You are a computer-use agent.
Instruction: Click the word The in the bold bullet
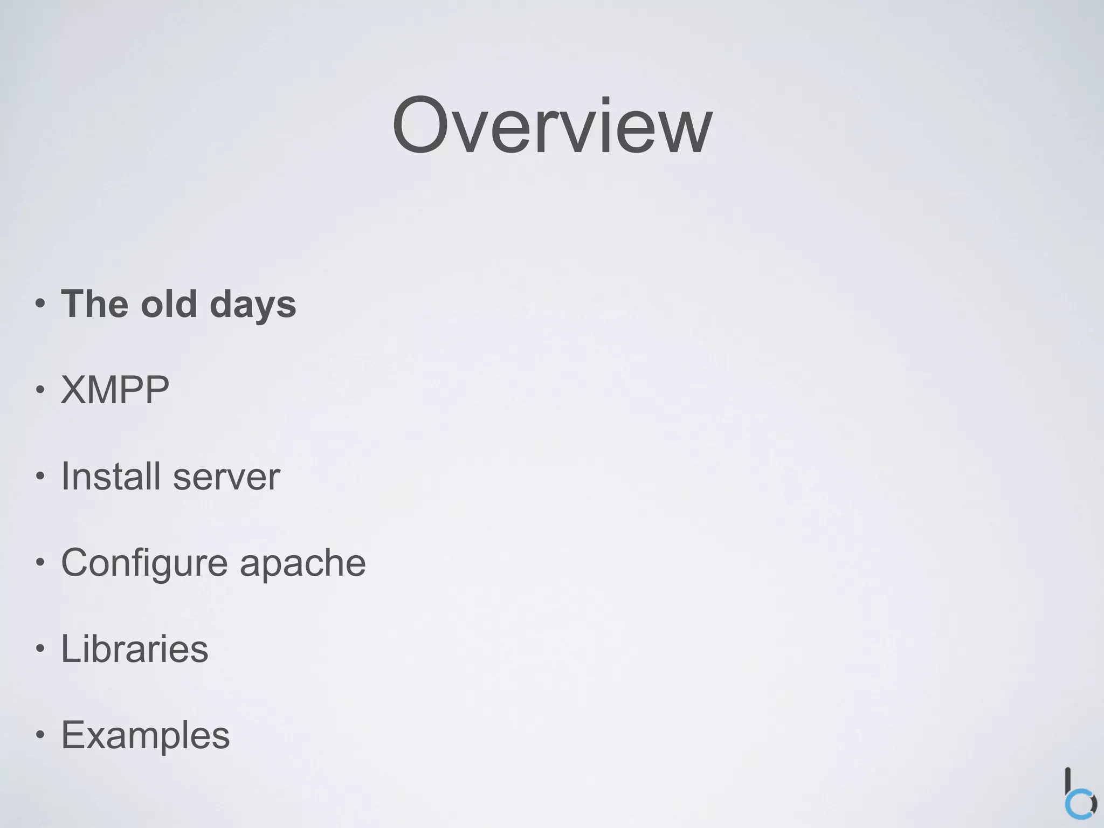coord(95,303)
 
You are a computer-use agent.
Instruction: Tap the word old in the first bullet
coord(168,303)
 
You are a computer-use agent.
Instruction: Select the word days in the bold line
coord(252,305)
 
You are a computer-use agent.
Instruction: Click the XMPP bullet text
coord(115,390)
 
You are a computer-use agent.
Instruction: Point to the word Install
coord(111,476)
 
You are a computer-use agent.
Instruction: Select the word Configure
coord(144,563)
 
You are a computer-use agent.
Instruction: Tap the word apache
coord(302,563)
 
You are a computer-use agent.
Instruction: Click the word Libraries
coord(134,648)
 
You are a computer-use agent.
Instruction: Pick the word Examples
coord(145,735)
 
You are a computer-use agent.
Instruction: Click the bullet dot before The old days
coord(40,304)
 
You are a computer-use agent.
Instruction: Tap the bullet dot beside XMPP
coord(40,390)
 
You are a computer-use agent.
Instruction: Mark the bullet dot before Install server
coord(40,477)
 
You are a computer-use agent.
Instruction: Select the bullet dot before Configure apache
coord(40,563)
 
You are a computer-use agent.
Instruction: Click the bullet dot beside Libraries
coord(40,649)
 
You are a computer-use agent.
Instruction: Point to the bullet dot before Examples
coord(40,735)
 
